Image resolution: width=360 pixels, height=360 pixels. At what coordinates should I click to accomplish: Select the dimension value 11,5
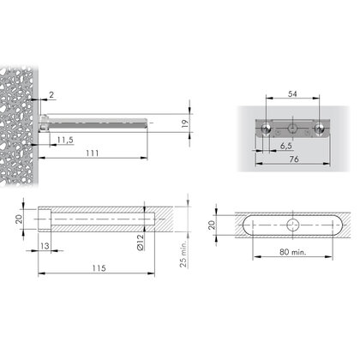pos(64,138)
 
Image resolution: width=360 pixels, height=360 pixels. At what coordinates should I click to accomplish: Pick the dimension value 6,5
pos(284,147)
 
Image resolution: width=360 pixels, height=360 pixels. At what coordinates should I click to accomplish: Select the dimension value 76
pos(294,159)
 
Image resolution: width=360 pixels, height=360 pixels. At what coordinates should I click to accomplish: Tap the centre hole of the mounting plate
pos(293,129)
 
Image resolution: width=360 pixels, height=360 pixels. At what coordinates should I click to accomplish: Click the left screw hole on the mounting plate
pos(267,129)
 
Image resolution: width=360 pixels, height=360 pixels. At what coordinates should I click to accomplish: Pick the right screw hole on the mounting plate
pos(320,129)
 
